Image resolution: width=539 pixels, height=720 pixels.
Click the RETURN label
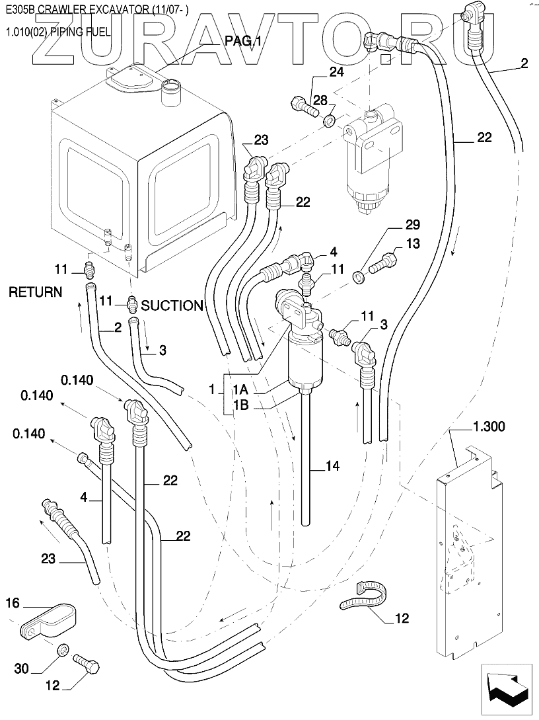click(x=35, y=292)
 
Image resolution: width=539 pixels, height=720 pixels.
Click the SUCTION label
click(x=172, y=305)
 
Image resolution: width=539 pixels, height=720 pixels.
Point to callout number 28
click(x=320, y=100)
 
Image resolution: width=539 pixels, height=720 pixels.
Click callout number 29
click(x=394, y=225)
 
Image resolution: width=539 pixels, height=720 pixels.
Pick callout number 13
click(x=412, y=243)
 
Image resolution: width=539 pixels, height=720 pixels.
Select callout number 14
click(x=332, y=466)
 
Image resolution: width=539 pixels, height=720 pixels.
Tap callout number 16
click(x=14, y=602)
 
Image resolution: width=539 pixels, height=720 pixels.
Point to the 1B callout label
click(x=240, y=406)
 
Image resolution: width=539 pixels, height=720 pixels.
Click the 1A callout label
click(x=240, y=390)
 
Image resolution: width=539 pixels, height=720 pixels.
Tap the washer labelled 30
click(x=62, y=650)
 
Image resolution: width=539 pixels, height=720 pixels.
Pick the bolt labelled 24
click(x=302, y=104)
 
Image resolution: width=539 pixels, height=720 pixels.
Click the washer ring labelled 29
click(x=357, y=275)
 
